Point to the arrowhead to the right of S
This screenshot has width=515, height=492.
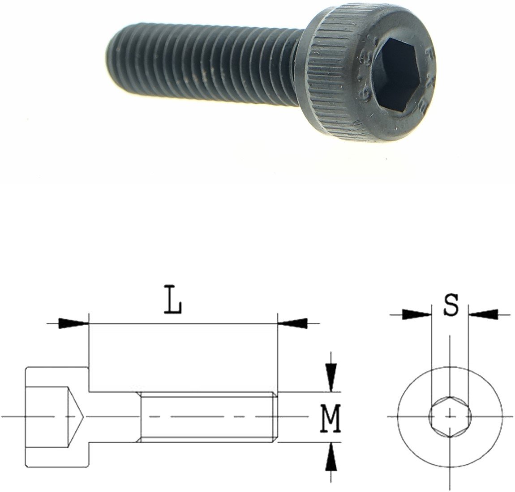coord(484,314)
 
